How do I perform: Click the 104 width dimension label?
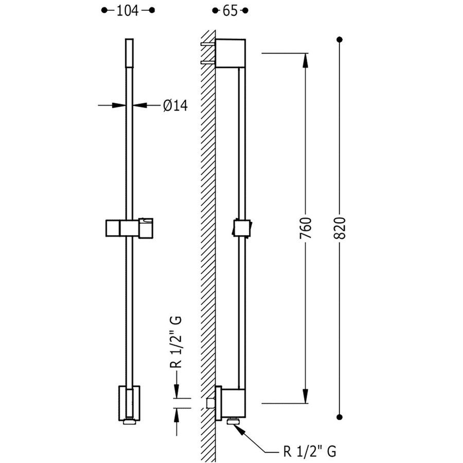point(128,11)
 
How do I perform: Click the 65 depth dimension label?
point(230,11)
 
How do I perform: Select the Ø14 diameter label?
point(175,105)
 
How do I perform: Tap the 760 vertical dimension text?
point(306,228)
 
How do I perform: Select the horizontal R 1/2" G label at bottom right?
point(310,452)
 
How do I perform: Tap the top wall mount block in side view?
point(232,53)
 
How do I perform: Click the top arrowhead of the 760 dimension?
point(306,58)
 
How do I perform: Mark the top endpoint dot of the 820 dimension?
point(340,39)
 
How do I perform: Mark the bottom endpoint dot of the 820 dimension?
point(340,417)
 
